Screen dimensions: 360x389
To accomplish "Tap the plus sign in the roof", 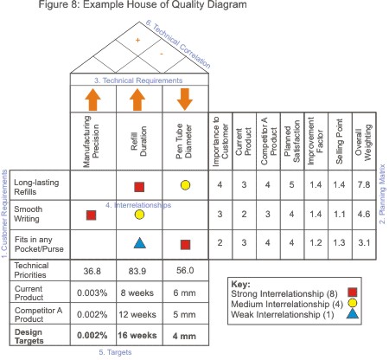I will pyautogui.click(x=138, y=40).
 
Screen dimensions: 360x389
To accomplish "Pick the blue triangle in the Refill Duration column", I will pyautogui.click(x=139, y=244).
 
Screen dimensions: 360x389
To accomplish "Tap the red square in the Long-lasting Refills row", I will pyautogui.click(x=139, y=184).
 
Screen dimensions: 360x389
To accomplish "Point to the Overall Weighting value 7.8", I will pyautogui.click(x=365, y=184).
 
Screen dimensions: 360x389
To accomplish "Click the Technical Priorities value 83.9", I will pyautogui.click(x=139, y=270).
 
